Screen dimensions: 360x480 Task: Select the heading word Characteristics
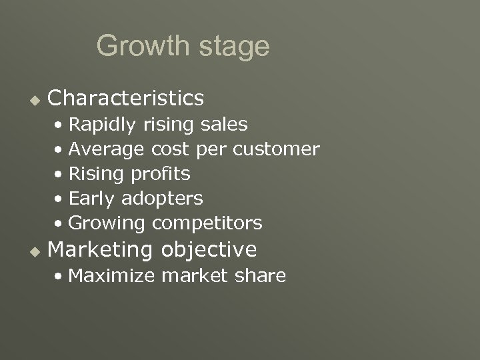click(126, 99)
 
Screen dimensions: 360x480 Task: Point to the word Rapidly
click(102, 125)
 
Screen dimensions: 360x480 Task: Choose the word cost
click(170, 149)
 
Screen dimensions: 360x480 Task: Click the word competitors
click(207, 223)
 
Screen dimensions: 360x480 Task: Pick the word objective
click(209, 250)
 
